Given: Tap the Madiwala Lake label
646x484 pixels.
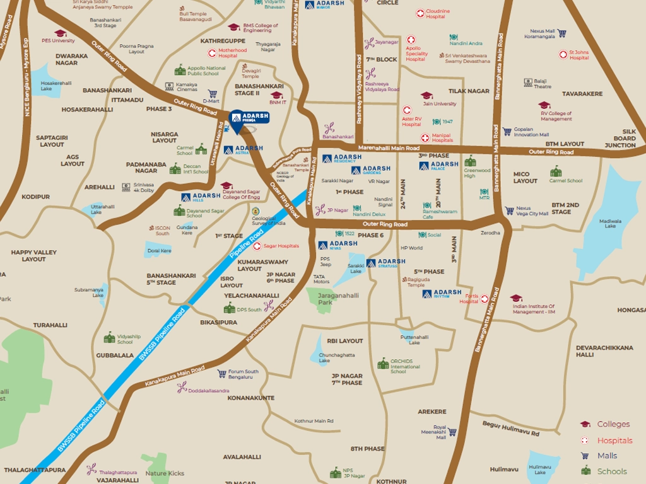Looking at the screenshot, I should [610, 224].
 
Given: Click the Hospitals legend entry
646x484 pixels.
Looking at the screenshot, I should [614, 440].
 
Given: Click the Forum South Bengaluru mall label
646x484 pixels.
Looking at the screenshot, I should [243, 374].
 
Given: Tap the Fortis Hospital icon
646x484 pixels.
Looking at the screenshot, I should [484, 299].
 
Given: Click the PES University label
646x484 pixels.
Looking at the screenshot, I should [58, 40].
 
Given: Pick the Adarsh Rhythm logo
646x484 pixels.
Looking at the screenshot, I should [442, 293].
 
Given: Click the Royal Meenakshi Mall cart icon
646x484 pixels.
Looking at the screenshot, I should [452, 432].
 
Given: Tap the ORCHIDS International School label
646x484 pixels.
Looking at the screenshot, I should [404, 366].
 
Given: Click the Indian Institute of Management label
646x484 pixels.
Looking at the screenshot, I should [534, 309].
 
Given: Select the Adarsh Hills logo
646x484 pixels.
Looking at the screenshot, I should [201, 197].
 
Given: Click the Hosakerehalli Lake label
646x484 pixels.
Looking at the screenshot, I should [56, 85].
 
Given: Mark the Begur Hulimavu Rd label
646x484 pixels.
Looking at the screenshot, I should [511, 429].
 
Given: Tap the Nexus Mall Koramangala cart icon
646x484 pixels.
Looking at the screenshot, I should [561, 33].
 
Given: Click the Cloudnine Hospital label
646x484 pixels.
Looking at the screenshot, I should [438, 14].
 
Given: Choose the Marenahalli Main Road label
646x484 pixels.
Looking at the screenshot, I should [388, 148].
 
